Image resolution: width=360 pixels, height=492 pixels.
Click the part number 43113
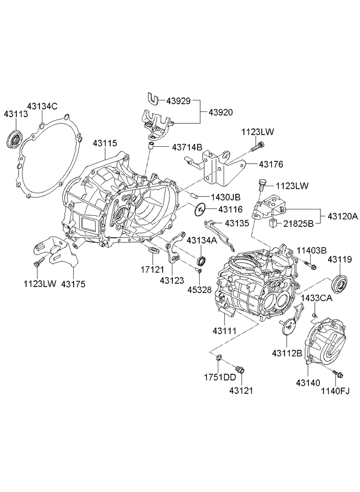point(16,115)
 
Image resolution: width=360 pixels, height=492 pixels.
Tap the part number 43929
point(179,101)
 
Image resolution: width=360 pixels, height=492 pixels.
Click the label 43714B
point(187,147)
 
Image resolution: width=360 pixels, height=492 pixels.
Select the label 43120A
point(343,216)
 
